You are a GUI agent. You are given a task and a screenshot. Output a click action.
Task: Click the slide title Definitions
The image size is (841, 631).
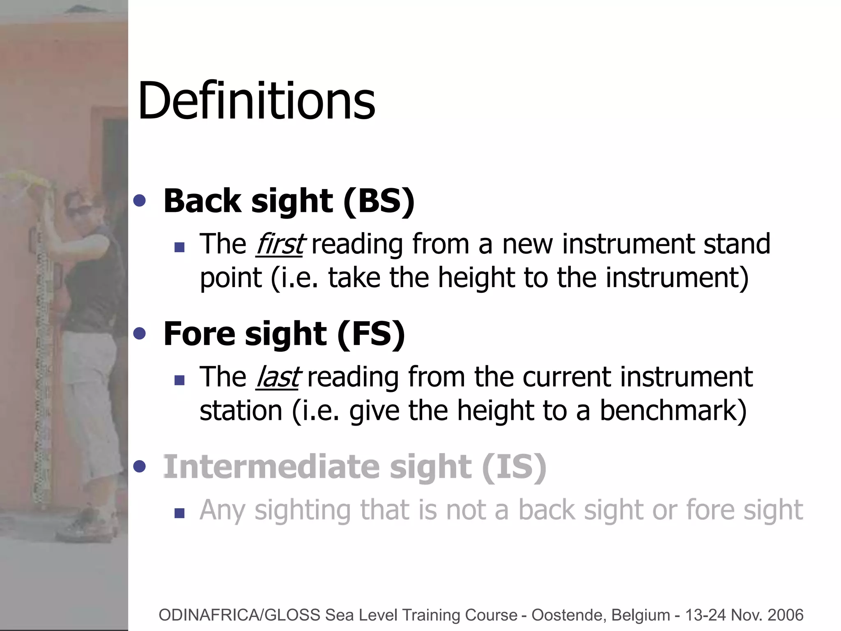(257, 101)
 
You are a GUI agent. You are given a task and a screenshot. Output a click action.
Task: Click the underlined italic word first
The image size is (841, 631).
(279, 244)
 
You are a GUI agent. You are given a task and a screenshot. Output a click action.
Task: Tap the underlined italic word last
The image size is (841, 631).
(277, 377)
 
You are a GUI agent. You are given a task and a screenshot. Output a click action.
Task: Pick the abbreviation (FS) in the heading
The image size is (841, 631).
(371, 334)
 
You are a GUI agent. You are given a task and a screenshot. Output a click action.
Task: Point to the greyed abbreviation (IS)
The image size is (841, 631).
(513, 467)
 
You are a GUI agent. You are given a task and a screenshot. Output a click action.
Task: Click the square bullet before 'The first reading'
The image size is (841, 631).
(179, 247)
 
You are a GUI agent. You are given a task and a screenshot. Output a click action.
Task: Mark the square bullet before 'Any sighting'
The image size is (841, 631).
(179, 513)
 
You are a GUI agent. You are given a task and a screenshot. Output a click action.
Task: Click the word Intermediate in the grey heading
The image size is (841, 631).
(271, 467)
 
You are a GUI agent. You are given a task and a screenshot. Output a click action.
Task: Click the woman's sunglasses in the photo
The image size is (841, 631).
(78, 210)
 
